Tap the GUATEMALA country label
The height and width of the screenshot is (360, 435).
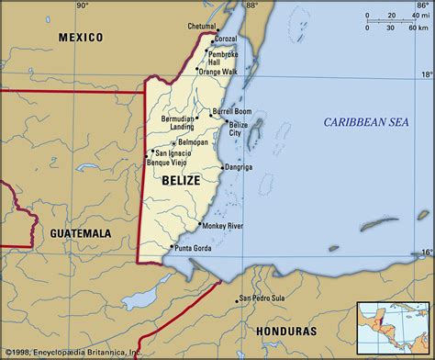(80, 234)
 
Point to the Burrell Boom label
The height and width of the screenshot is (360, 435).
(230, 110)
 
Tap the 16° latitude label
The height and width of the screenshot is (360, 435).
(424, 250)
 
